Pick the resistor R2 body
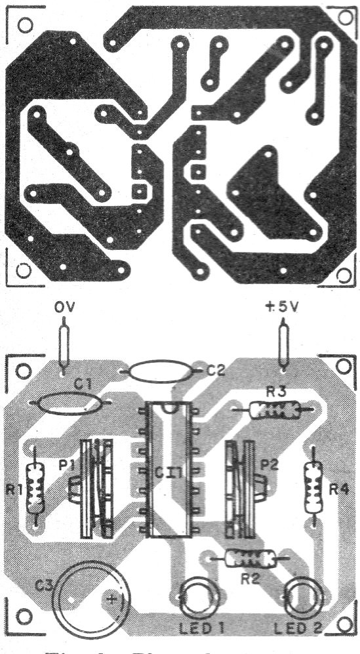click(x=250, y=559)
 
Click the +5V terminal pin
click(x=283, y=345)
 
